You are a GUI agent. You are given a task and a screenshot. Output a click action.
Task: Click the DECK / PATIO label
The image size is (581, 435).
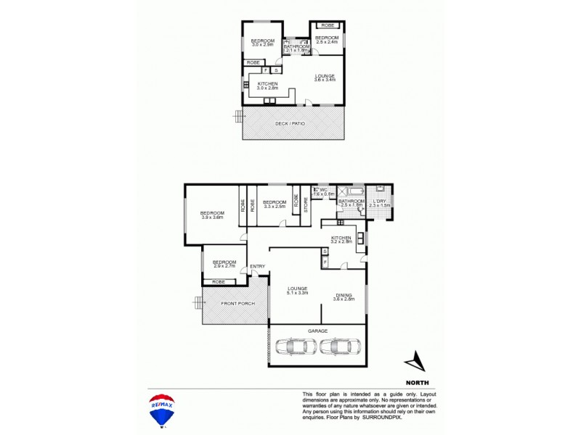coord(290,124)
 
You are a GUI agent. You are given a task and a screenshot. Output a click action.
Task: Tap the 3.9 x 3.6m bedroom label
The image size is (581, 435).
coord(212,215)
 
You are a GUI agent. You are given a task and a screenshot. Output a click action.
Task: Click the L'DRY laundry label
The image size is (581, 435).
coord(380,203)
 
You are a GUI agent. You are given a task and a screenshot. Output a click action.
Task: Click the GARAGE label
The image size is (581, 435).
coord(317,330)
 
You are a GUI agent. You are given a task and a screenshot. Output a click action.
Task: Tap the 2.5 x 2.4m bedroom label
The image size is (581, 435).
coord(327,40)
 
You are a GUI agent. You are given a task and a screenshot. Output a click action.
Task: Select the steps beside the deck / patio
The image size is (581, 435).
coord(237,116)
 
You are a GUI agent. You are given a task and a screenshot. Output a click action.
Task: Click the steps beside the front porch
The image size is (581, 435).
coord(197,302)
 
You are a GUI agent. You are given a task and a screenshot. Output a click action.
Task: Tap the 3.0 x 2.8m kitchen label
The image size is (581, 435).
coord(268,86)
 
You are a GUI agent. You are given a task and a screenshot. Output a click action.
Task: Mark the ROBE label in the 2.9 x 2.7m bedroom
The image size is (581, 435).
coord(219,281)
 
